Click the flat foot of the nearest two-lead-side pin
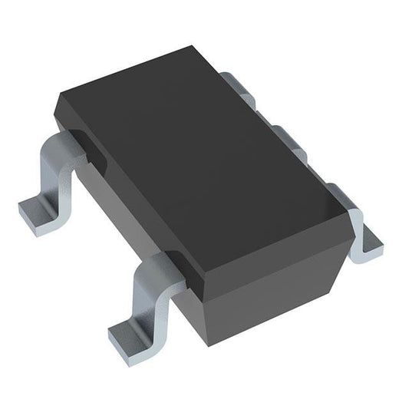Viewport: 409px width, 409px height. tap(127, 335)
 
